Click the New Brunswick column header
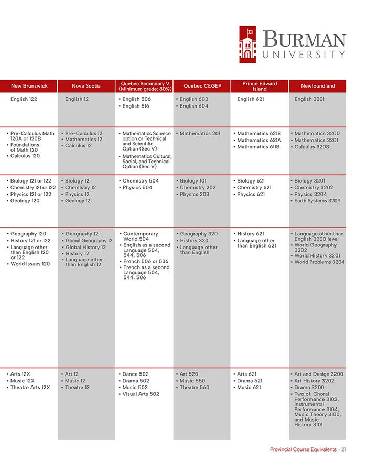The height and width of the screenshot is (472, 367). (29, 86)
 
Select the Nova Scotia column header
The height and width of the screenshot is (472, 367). (86, 86)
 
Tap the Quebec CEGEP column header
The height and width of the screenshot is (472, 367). (202, 86)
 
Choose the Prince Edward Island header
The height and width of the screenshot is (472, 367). (260, 86)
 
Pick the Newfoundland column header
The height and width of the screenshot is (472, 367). (318, 86)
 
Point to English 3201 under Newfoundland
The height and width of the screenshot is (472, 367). (310, 99)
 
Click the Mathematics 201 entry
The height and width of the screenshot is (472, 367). (200, 133)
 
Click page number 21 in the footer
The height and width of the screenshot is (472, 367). (343, 449)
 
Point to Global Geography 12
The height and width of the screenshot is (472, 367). (89, 241)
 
